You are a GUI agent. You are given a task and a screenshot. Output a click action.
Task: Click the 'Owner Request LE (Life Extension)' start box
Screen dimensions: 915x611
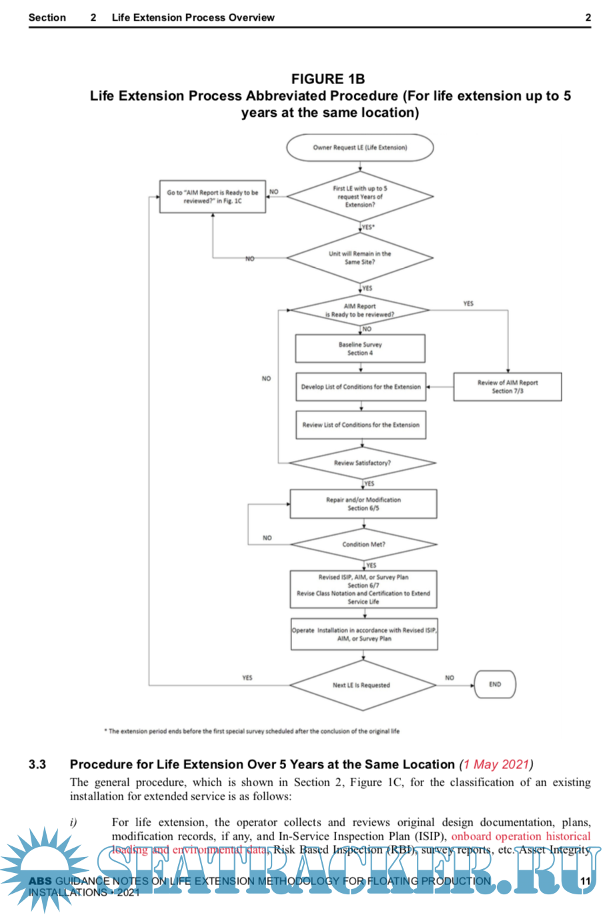[360, 147]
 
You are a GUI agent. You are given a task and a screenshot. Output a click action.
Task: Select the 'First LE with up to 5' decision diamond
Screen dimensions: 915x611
[360, 197]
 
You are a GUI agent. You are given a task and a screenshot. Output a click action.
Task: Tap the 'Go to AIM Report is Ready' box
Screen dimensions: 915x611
[212, 197]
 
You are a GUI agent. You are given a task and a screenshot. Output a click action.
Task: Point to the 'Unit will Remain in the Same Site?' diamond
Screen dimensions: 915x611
[360, 258]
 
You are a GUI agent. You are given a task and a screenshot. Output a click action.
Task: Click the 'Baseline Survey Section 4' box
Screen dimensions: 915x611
[360, 349]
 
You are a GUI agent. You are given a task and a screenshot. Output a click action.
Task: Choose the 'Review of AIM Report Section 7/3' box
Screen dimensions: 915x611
[508, 387]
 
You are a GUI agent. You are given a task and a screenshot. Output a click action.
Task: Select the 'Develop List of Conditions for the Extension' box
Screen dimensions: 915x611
[361, 387]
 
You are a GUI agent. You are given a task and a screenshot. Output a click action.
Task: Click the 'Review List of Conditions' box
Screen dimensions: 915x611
[361, 425]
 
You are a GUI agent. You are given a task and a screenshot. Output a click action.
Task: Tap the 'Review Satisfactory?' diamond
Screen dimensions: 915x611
[362, 463]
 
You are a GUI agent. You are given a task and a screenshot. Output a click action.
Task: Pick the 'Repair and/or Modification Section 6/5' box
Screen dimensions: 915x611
[364, 504]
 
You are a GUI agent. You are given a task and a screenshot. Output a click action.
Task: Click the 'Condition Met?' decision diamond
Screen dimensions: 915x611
[364, 544]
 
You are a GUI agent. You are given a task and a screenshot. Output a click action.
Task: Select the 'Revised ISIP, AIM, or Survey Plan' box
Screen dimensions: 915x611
[364, 590]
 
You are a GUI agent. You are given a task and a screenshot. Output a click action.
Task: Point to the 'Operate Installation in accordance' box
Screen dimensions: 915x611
[364, 634]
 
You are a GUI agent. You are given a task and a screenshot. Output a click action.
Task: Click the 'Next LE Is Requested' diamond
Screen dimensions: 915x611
[362, 685]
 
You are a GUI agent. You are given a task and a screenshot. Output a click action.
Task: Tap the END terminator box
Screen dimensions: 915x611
[495, 684]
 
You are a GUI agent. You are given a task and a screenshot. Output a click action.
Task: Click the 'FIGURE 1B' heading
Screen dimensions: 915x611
[328, 79]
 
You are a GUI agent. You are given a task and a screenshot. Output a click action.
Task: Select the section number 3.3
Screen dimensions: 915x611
[37, 764]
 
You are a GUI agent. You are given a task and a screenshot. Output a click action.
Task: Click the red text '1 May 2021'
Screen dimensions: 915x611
[496, 764]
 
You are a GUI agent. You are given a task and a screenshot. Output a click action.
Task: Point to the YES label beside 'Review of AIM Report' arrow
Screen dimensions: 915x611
[468, 303]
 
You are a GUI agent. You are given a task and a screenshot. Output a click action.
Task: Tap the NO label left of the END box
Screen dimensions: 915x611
[450, 678]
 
